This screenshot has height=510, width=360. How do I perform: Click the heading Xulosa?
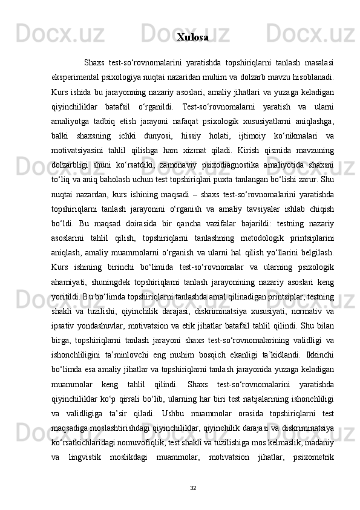192,38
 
